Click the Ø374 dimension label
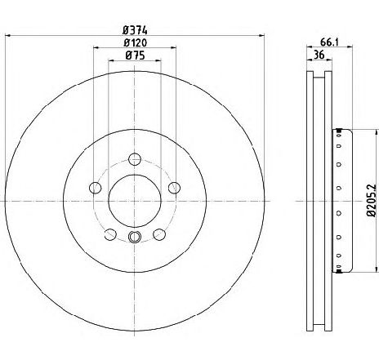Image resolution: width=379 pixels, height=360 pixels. click(x=135, y=30)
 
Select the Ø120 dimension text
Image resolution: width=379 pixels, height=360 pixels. click(x=135, y=42)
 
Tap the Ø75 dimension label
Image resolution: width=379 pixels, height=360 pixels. click(x=135, y=56)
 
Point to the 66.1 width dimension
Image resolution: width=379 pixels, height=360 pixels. click(x=329, y=42)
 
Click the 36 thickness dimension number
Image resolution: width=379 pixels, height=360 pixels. click(x=319, y=55)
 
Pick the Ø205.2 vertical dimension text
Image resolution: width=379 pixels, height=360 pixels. click(x=371, y=200)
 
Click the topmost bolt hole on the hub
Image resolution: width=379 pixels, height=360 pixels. click(x=135, y=159)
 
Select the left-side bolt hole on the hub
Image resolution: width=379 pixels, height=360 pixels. click(x=96, y=188)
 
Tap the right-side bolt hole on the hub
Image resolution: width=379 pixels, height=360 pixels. click(x=174, y=188)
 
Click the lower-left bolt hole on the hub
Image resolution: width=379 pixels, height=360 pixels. click(x=110, y=234)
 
